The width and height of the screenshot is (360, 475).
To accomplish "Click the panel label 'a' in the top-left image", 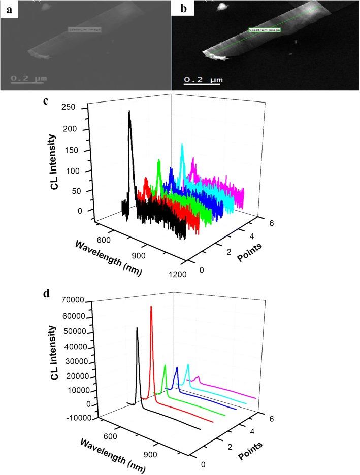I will point(8,10).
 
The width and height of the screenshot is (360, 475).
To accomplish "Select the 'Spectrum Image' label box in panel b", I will point(265,30).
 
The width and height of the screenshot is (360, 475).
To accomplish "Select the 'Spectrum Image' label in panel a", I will point(81,30).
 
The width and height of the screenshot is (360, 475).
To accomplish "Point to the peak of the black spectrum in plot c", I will point(129,112).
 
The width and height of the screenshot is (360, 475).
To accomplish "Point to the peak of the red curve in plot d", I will point(151,307).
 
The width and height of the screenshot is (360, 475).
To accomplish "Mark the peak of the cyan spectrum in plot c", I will point(182,145).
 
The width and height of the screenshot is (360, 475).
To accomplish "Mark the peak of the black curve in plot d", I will point(137,328).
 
